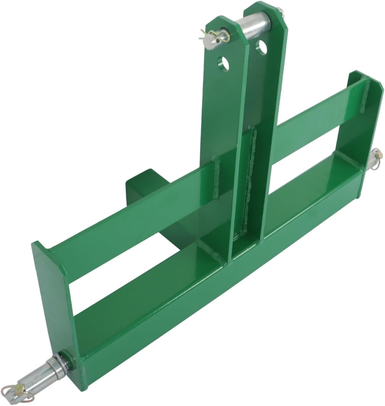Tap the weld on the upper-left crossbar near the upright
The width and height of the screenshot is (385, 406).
(x=217, y=176)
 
